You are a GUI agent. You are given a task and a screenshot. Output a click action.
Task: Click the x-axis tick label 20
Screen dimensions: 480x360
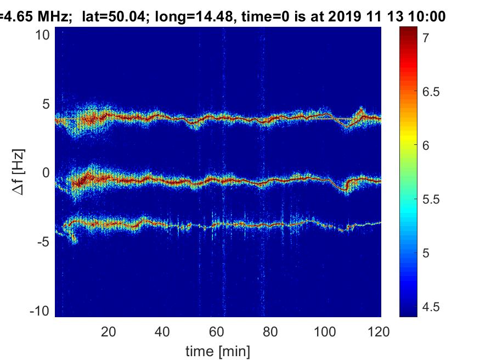point(109,332)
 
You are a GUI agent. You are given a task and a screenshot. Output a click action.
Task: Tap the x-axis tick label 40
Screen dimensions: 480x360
point(162,332)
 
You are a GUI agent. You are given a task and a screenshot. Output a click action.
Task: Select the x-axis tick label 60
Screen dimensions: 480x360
point(217,332)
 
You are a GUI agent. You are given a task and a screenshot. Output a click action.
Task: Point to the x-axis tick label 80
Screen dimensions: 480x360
point(270,332)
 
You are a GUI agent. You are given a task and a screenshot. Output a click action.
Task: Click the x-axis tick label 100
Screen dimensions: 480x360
point(325,332)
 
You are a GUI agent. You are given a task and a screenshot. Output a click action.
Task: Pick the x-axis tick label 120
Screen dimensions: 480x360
point(379,332)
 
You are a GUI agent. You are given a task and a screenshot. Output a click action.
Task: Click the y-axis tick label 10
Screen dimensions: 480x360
point(42,35)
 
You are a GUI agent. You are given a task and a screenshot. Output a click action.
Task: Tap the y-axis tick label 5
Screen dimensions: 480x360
point(46,104)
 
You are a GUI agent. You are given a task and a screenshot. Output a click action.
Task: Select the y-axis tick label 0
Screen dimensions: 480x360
point(46,173)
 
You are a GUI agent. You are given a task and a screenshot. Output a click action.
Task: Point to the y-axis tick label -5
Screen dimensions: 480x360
point(43,242)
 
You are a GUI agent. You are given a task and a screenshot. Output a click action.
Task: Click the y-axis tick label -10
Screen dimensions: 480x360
point(40,311)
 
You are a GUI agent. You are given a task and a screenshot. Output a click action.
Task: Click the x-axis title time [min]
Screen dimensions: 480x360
point(218,351)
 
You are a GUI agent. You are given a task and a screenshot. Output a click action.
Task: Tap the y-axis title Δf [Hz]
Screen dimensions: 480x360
point(18,172)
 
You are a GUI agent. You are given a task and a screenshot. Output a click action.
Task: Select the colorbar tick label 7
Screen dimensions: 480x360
point(426,38)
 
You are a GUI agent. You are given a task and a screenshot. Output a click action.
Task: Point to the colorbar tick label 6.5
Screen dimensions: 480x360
point(431,92)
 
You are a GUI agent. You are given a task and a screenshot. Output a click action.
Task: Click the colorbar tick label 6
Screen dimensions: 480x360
point(426,145)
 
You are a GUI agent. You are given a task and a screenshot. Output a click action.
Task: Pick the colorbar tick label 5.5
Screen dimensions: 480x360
point(431,199)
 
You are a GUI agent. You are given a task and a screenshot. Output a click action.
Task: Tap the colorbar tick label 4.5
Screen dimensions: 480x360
point(431,307)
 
